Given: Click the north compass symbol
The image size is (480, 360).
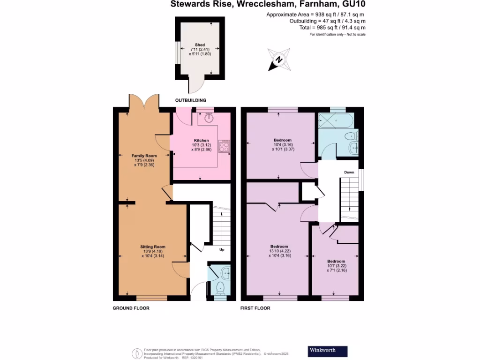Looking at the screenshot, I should [x=278, y=60].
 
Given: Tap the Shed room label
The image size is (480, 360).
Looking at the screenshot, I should [x=200, y=45].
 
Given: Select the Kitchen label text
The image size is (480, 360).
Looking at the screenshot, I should [x=202, y=140].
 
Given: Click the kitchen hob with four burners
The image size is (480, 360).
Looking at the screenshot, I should [x=225, y=147].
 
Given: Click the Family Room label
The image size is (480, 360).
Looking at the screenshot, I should [x=144, y=156].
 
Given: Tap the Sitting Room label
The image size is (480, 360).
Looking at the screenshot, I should [x=153, y=247].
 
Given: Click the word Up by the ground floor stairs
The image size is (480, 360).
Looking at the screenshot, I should [x=222, y=249].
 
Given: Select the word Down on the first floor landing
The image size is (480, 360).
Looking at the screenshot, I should [x=349, y=172].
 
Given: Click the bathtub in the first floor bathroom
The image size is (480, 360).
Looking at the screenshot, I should [x=336, y=121].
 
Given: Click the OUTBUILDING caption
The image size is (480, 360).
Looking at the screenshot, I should [x=191, y=100].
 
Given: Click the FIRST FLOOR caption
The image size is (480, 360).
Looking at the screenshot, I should [x=255, y=308].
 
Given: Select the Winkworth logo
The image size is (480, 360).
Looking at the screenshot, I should [x=328, y=351].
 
